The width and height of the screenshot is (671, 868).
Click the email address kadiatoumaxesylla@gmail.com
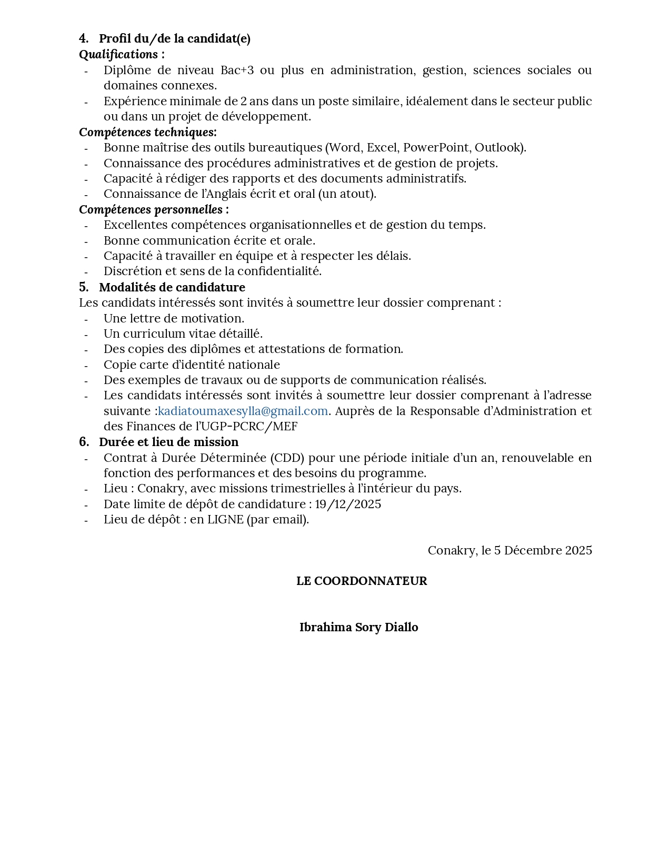[243, 411]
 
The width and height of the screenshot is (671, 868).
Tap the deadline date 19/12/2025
[348, 504]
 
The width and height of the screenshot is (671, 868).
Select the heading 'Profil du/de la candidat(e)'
[175, 38]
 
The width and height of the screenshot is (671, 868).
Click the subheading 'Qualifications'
[118, 54]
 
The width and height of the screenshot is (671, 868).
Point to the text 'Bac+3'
[237, 70]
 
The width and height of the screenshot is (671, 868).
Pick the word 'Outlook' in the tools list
[497, 147]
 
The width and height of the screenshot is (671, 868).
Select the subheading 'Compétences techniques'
[147, 132]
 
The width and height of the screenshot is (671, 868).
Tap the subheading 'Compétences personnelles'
[151, 209]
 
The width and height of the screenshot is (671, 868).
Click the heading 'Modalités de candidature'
[172, 287]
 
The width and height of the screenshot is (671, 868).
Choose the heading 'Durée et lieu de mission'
[168, 442]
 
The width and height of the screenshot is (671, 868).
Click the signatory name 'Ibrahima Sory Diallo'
[358, 627]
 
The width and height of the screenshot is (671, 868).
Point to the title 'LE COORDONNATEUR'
[362, 581]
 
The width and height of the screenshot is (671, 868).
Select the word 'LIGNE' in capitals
[225, 519]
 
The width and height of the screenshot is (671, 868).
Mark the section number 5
[84, 287]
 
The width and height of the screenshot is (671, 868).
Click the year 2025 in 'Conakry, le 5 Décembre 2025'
[578, 550]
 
